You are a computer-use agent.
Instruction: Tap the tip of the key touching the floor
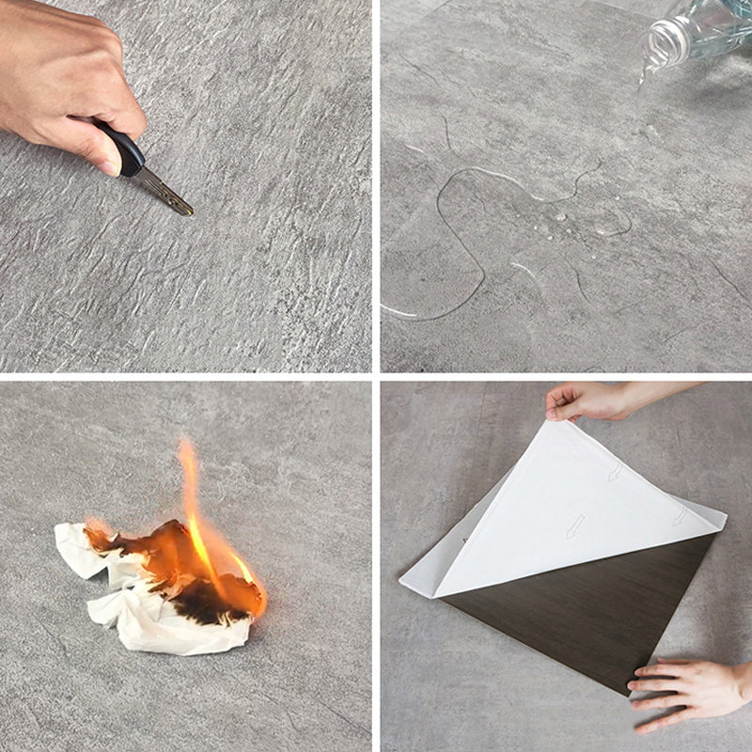click(190, 212)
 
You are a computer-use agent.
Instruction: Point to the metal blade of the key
click(164, 192)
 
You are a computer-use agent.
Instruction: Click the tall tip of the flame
click(187, 451)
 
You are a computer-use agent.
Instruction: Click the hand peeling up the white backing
click(587, 400)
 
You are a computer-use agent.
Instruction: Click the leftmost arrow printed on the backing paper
click(574, 525)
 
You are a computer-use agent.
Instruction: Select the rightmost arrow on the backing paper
click(679, 516)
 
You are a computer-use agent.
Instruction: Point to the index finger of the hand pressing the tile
click(649, 667)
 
